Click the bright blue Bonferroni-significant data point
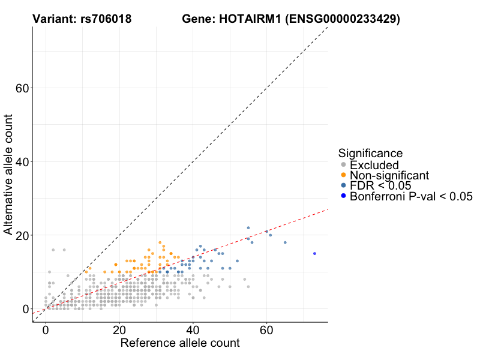(314, 253)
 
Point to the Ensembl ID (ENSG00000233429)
(342, 19)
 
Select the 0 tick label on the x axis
(46, 331)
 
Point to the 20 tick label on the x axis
(119, 331)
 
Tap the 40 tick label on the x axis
(193, 331)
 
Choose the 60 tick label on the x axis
(267, 331)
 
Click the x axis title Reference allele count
(180, 344)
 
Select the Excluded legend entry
(374, 165)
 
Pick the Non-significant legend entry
(389, 175)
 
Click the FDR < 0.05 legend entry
(380, 186)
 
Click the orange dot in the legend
(343, 175)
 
